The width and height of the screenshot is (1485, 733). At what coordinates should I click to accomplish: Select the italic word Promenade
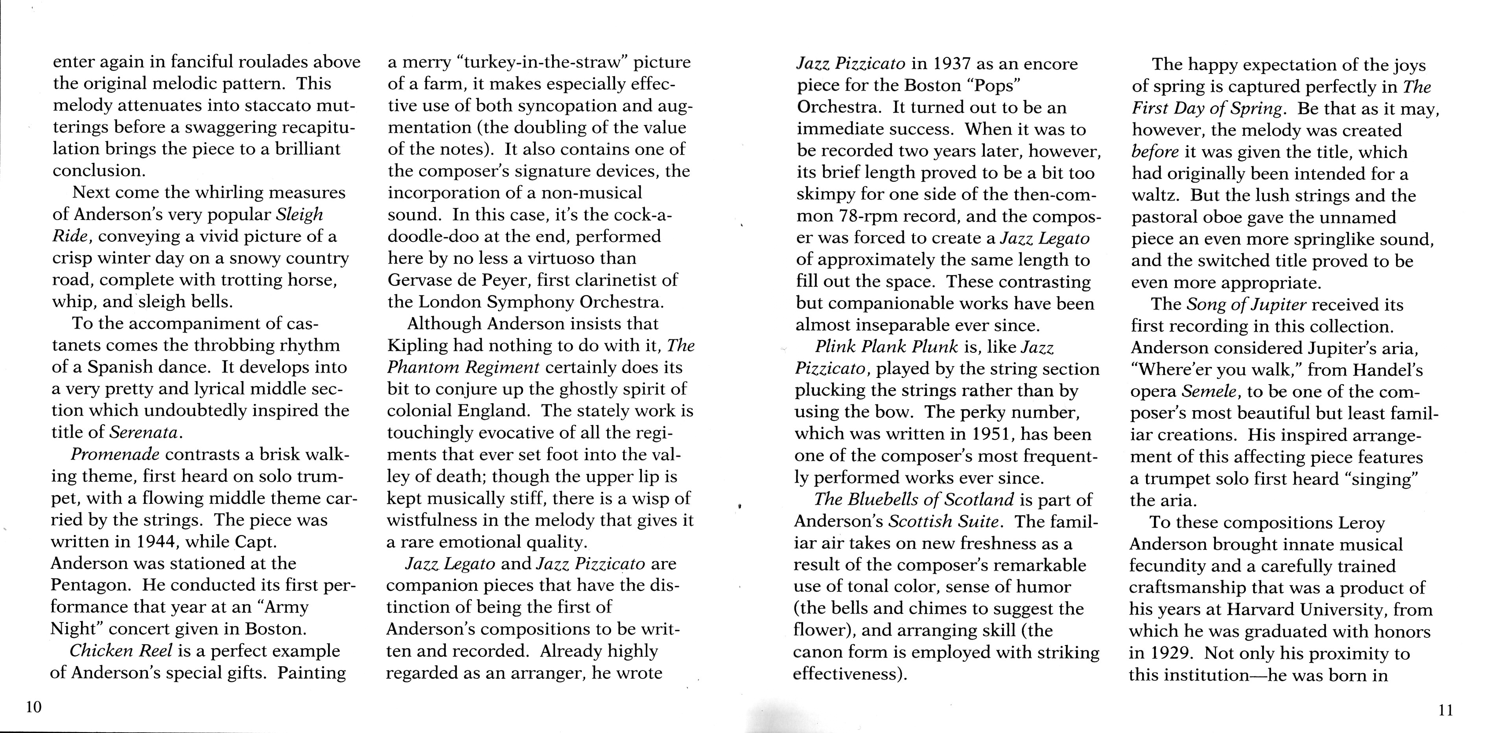[x=115, y=454]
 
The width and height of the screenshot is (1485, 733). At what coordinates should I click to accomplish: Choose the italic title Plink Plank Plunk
[x=886, y=346]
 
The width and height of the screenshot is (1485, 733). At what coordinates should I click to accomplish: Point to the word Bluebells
[x=880, y=499]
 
